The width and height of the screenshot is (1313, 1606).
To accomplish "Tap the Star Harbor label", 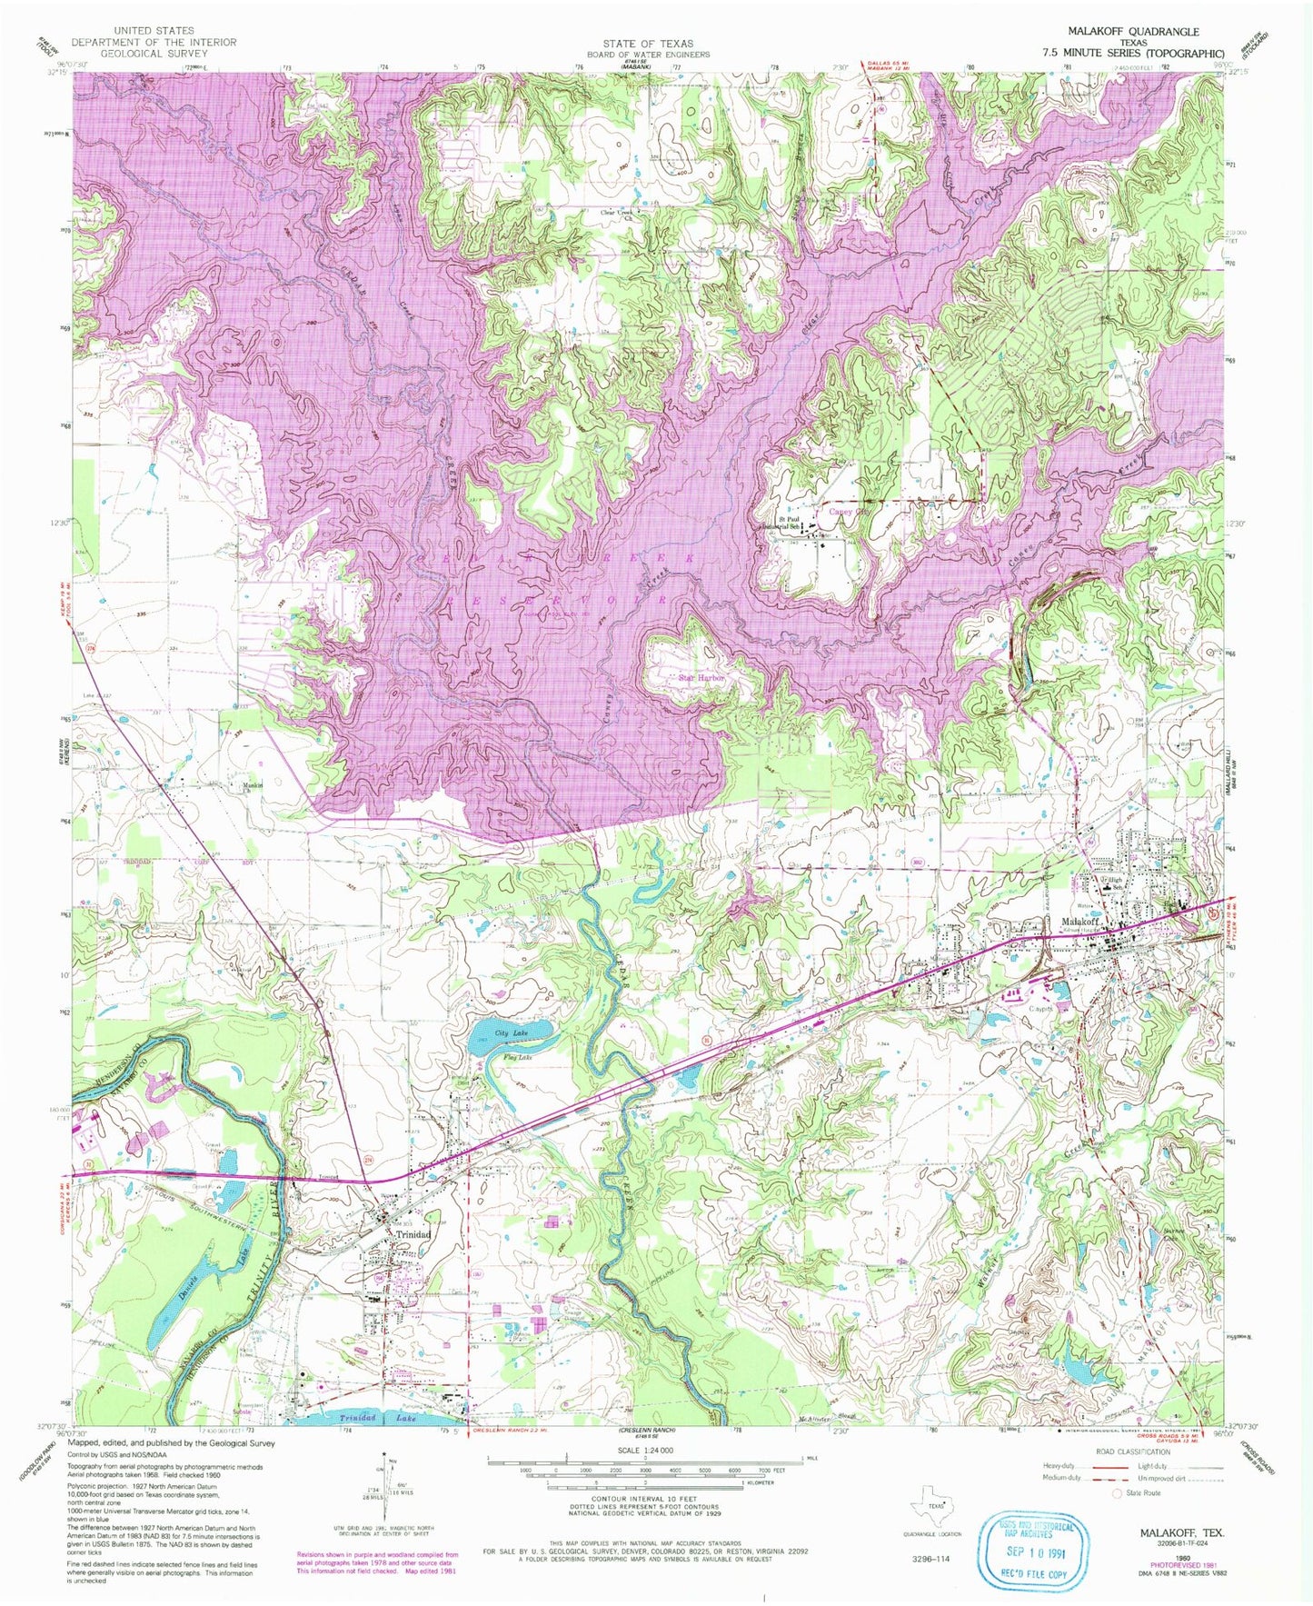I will (702, 677).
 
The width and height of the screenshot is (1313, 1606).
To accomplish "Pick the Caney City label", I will (848, 512).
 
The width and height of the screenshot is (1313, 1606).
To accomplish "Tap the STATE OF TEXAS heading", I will (647, 43).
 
